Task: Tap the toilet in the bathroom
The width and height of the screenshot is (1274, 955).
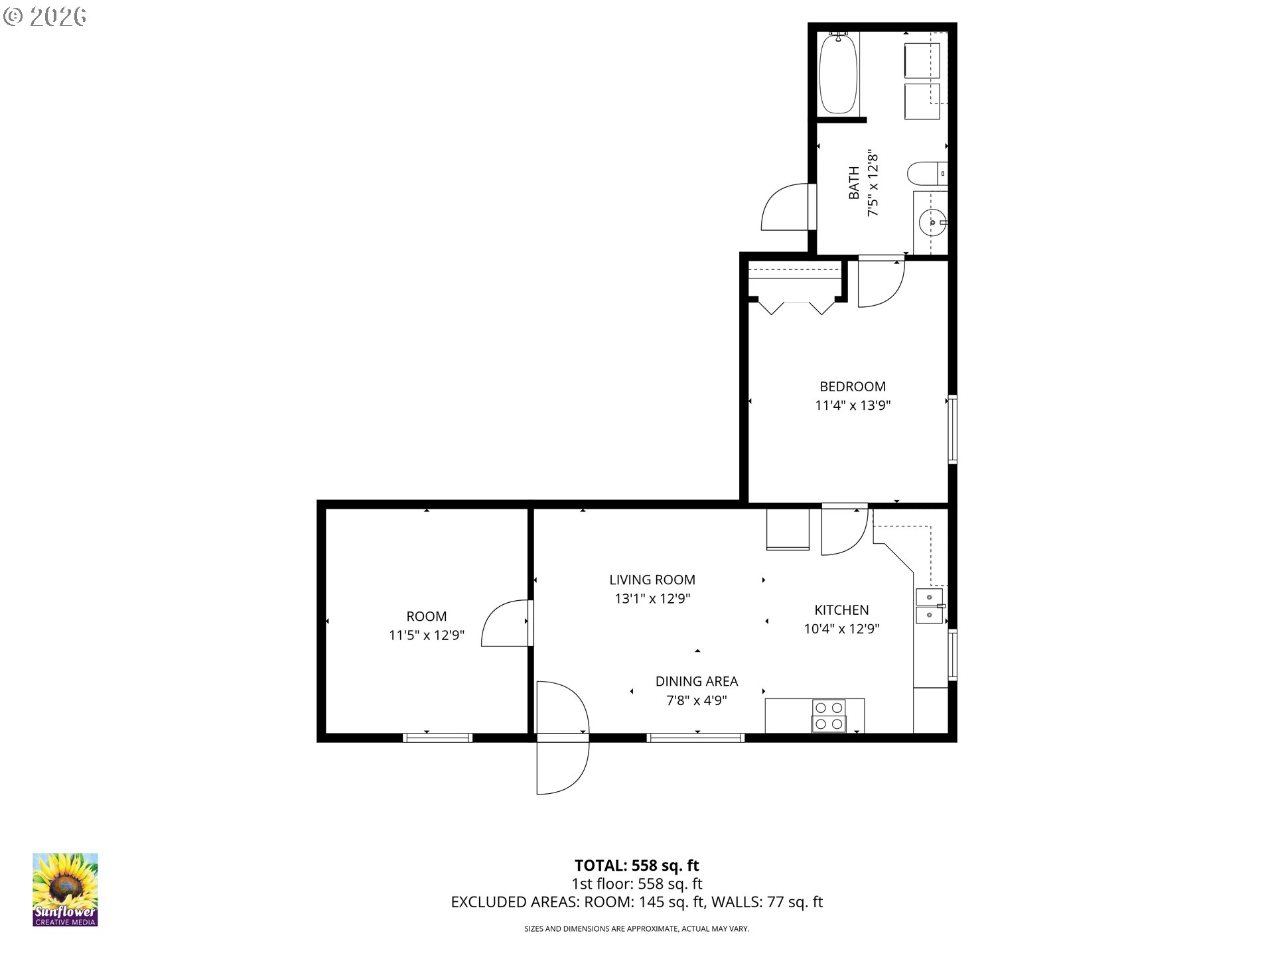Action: click(924, 174)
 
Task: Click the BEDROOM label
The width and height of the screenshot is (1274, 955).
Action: click(852, 387)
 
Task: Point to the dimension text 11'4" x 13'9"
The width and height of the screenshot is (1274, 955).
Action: click(852, 405)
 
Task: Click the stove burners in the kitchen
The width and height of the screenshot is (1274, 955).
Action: click(829, 716)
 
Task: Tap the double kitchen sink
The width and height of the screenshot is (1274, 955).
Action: click(930, 607)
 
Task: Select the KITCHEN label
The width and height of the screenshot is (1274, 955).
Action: click(841, 610)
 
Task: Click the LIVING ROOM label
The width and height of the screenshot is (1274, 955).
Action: click(652, 580)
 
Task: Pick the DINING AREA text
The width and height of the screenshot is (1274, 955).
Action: click(696, 681)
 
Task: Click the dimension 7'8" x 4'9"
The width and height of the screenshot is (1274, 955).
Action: click(696, 700)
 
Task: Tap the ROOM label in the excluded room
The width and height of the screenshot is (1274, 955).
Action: click(426, 616)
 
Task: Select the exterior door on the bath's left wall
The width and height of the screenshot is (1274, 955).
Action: click(786, 207)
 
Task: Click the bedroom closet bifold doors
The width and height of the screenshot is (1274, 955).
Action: click(796, 306)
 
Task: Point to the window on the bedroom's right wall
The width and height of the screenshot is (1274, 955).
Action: click(952, 428)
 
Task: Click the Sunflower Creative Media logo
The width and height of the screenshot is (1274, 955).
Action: click(65, 889)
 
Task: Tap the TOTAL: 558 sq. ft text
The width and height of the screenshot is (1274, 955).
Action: click(636, 865)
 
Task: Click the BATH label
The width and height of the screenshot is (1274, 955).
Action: click(854, 182)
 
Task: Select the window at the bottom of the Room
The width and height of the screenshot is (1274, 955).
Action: click(437, 737)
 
